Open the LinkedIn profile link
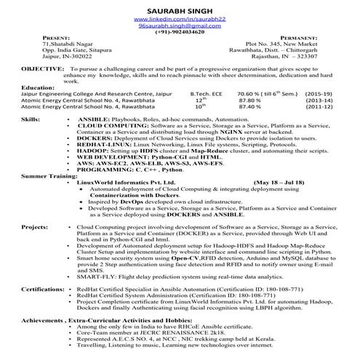(180, 17)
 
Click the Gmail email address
(180, 25)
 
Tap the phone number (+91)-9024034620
(180, 33)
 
